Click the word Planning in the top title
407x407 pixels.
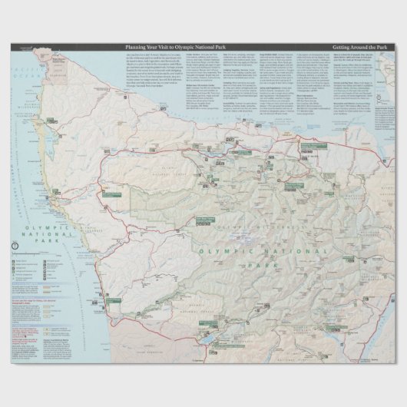(135, 48)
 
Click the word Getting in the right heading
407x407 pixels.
(343, 48)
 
